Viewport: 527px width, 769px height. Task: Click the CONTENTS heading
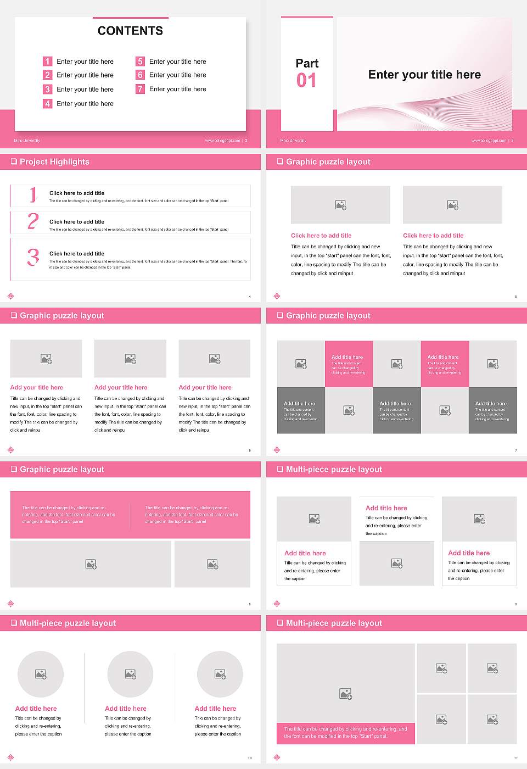[130, 31]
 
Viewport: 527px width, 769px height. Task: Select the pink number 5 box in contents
[140, 62]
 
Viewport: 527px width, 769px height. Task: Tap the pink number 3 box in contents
[47, 89]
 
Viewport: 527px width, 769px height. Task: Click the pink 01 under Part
[306, 81]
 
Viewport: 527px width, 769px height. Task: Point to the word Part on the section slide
[307, 63]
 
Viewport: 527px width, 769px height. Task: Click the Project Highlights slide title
[54, 161]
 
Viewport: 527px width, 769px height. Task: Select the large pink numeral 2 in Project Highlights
[33, 221]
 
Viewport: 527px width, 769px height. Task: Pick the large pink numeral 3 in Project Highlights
[33, 257]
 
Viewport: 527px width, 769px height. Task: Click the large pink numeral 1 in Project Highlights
[33, 194]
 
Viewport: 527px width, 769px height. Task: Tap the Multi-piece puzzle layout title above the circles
[68, 623]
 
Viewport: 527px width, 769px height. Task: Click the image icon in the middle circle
[130, 674]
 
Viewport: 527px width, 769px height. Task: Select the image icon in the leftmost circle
[41, 674]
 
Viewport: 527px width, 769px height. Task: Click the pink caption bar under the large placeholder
[345, 733]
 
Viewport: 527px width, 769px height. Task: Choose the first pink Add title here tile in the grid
[349, 364]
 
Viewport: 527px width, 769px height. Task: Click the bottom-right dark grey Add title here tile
[492, 410]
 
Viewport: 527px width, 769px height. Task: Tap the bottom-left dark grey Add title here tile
[301, 410]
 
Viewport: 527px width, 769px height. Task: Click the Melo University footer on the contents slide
[27, 141]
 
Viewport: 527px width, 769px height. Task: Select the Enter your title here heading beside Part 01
[424, 75]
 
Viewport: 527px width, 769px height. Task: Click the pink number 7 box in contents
[140, 89]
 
